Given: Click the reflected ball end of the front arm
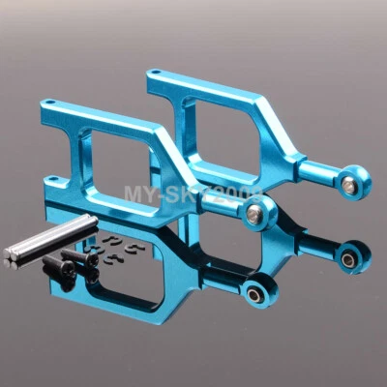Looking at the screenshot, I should coord(255,289).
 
